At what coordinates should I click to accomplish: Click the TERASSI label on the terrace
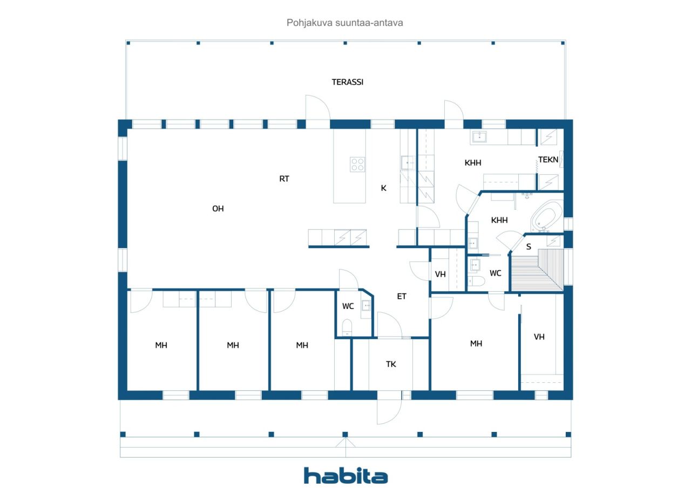[x=347, y=82]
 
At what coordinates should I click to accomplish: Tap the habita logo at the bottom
[x=345, y=476]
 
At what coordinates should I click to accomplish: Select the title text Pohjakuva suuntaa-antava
[x=344, y=23]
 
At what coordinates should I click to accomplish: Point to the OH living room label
[x=218, y=209]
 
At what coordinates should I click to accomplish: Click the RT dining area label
[x=284, y=178]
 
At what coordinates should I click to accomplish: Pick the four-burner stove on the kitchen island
[x=357, y=164]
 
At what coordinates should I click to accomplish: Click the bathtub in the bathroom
[x=547, y=216]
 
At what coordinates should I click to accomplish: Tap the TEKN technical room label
[x=548, y=160]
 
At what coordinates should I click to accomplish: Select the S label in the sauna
[x=529, y=246]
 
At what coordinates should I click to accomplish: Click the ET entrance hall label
[x=401, y=297]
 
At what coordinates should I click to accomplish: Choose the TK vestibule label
[x=391, y=364]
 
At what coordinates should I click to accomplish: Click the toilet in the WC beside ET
[x=347, y=327]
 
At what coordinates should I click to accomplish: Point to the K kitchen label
[x=383, y=188]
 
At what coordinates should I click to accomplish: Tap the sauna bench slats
[x=537, y=270]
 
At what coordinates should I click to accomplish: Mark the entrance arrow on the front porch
[x=345, y=443]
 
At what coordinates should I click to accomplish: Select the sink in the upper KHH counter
[x=479, y=137]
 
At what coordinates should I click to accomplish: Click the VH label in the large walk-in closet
[x=539, y=336]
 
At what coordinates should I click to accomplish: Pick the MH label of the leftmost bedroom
[x=161, y=345]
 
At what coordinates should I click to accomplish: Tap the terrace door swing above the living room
[x=318, y=107]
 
